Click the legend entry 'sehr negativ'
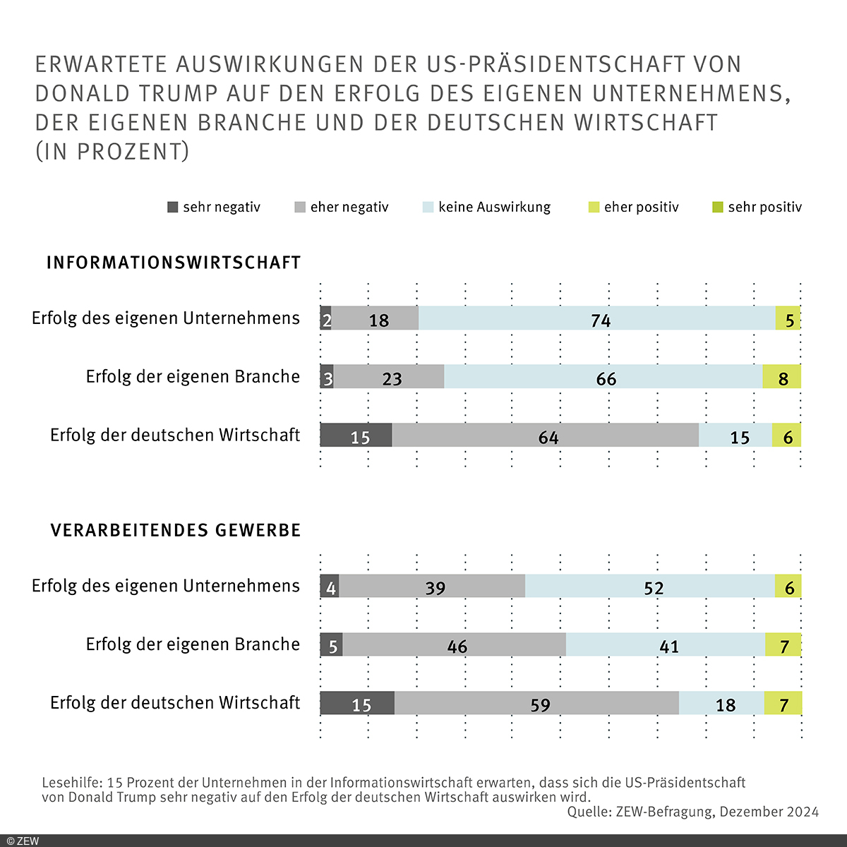pos(214,207)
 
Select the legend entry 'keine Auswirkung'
pos(486,207)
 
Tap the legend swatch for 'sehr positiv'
pos(718,207)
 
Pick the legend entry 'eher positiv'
pos(633,207)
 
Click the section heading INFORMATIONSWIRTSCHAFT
pos(174,263)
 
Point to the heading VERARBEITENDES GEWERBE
pos(176,530)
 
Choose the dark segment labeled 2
pos(325,318)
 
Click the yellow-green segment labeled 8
pos(781,377)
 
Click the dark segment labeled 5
pos(331,644)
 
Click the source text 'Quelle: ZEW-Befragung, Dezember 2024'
pos(692,812)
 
